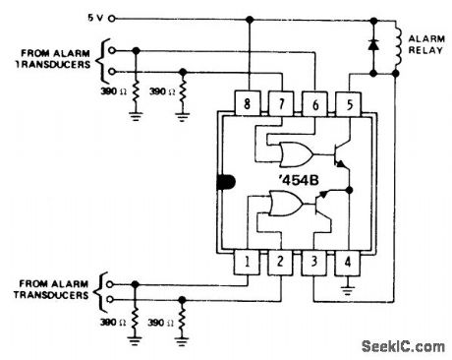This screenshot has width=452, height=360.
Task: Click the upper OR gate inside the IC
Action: (x=295, y=152)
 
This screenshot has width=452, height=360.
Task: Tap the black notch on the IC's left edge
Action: (x=223, y=183)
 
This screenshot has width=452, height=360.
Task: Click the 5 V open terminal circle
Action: (x=111, y=18)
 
